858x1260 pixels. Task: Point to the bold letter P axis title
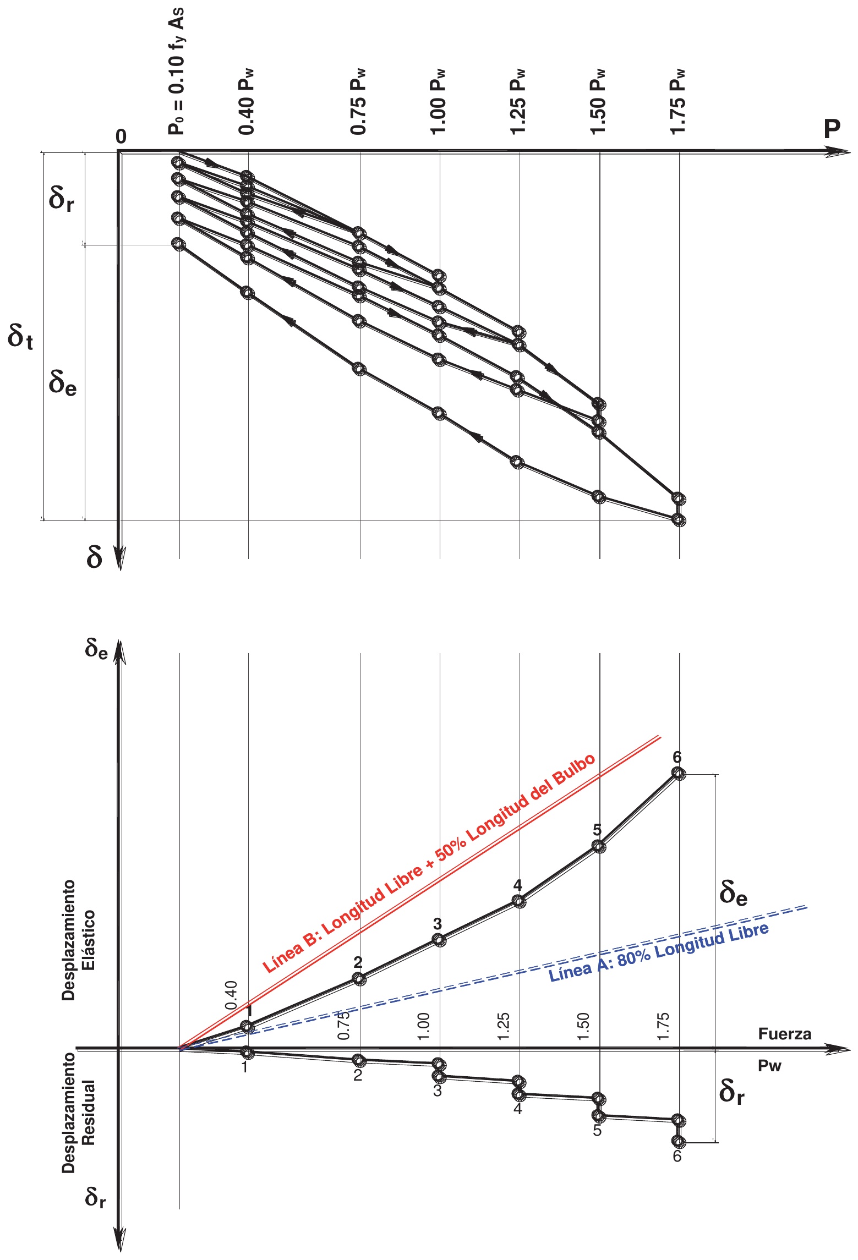click(x=832, y=129)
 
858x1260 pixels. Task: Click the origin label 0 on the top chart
click(x=121, y=136)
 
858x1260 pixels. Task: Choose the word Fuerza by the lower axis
click(x=784, y=1034)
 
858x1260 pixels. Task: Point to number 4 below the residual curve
click(x=517, y=1109)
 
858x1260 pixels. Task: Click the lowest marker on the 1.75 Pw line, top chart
click(x=679, y=519)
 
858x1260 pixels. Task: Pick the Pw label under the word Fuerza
click(x=769, y=1066)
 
